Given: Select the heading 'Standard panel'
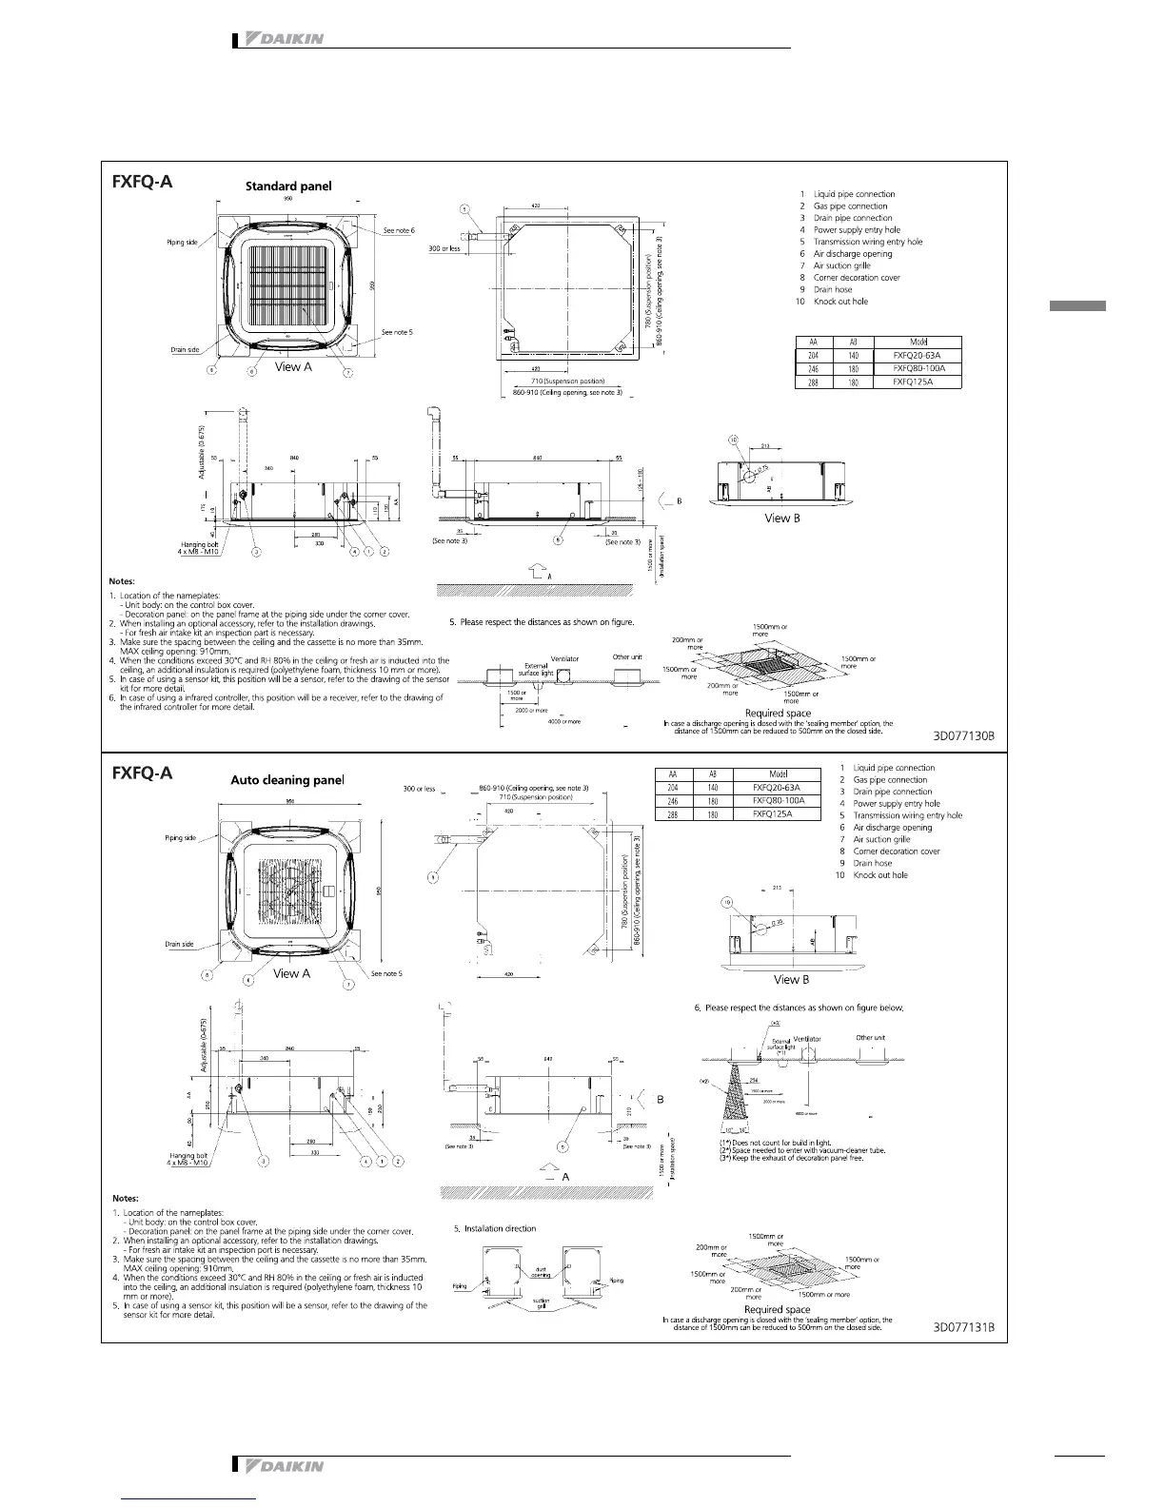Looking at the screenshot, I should (288, 186).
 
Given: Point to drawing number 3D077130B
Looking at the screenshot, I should (963, 736).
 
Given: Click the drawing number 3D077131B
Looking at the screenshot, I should (964, 1327).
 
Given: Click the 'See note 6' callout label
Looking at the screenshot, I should (399, 231).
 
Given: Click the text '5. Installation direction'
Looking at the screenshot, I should (495, 1228).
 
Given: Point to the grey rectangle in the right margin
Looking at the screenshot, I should (1077, 306).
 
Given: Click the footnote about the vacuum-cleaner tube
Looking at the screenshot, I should (802, 1150).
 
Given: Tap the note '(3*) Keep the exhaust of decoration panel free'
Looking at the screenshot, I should (791, 1159).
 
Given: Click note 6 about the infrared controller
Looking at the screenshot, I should (281, 702).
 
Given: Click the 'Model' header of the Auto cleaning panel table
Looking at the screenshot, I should (778, 774).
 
